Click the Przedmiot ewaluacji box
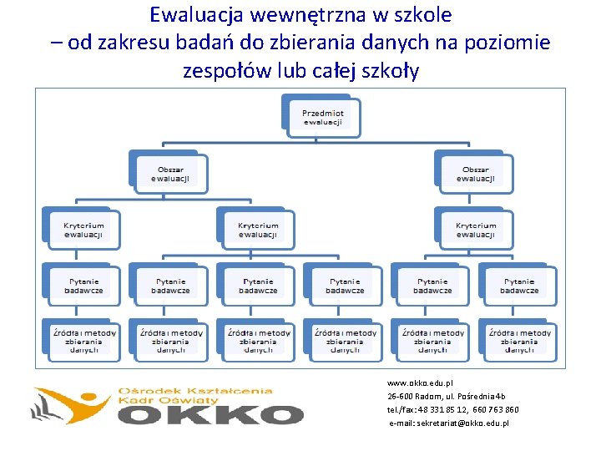pyautogui.click(x=323, y=118)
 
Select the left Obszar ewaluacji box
pyautogui.click(x=169, y=172)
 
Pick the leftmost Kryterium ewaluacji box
pyautogui.click(x=83, y=230)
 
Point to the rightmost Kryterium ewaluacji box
pyautogui.click(x=476, y=230)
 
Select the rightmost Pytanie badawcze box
pyautogui.click(x=519, y=286)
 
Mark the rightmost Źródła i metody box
pyautogui.click(x=519, y=341)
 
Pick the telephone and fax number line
pyautogui.click(x=452, y=410)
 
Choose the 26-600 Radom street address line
pyautogui.click(x=446, y=396)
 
